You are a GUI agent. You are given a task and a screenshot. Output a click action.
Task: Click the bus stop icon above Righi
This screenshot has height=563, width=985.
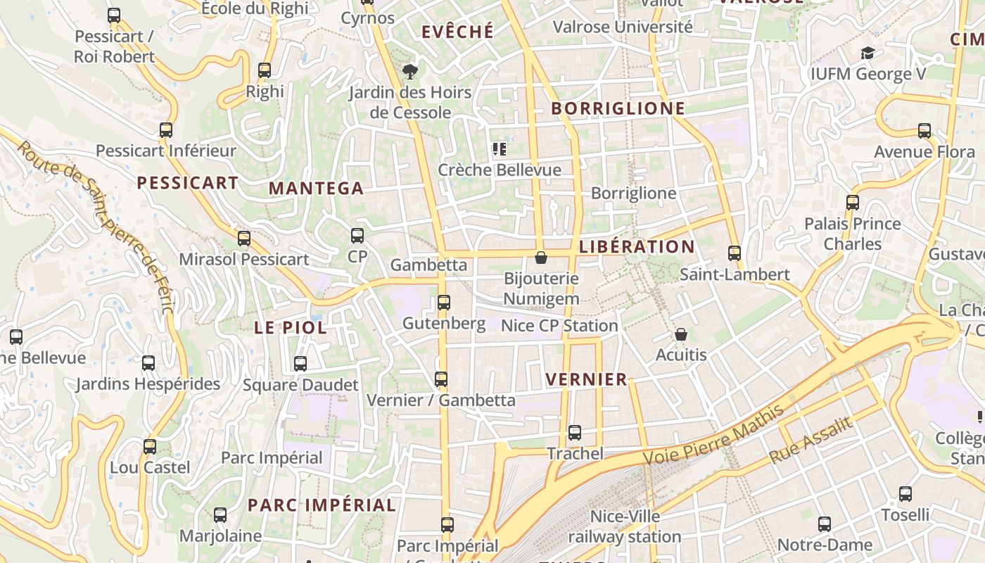point(265,70)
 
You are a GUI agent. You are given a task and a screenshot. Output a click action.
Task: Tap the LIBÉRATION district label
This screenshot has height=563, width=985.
point(637,247)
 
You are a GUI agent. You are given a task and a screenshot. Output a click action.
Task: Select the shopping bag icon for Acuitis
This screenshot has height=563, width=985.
point(680,334)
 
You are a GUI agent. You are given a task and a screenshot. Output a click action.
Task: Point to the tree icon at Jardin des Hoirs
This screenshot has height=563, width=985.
point(409,71)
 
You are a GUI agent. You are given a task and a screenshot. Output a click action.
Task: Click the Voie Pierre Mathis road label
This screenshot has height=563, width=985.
point(715,435)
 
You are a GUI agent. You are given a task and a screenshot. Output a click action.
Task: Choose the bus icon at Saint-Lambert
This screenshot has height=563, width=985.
point(735,253)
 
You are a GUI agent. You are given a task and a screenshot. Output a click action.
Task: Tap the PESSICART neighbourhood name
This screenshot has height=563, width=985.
point(188,184)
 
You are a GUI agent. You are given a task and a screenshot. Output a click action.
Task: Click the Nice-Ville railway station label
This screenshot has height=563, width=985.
point(625,527)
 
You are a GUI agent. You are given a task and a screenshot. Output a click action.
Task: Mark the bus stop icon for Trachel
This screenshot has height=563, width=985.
point(575,433)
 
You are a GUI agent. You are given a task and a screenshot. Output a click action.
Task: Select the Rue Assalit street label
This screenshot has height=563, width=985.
point(811,440)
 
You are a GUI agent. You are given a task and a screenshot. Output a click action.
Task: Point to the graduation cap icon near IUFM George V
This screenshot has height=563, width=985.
point(868,53)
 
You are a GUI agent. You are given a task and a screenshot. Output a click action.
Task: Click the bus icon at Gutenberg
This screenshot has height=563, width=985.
point(444,303)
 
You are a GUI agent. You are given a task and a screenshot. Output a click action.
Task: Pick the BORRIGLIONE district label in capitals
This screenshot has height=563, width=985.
point(618,108)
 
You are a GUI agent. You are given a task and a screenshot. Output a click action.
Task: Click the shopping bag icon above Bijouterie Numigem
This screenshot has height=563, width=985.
point(541,258)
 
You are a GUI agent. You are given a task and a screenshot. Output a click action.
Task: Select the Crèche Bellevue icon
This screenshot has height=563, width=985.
point(500,149)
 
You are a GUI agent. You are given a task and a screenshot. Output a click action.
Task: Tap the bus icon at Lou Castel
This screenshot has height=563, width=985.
point(149,447)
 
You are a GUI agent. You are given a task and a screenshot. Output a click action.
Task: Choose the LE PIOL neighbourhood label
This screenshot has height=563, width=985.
point(290,328)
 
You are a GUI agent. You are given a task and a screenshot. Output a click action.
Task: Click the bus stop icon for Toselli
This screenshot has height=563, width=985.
point(905,494)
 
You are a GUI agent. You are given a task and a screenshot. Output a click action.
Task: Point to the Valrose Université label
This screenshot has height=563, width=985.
point(623,27)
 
